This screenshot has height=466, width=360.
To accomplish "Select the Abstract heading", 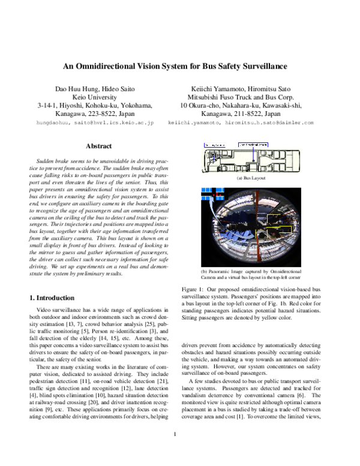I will click(x=99, y=146).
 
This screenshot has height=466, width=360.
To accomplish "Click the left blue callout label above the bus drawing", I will click(x=214, y=145).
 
